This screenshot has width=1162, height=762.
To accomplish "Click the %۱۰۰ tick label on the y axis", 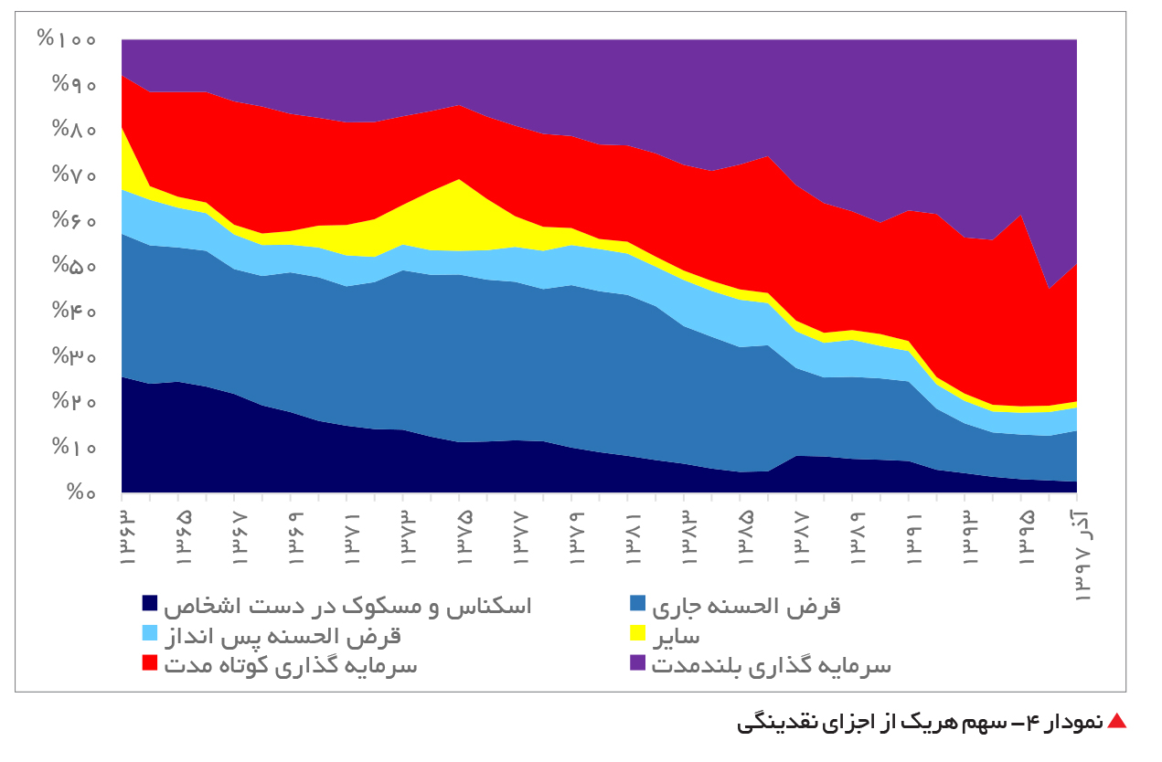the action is point(67,39).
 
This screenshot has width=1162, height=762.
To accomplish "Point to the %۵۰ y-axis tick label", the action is point(74,265).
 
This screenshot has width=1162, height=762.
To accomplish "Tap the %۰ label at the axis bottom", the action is point(81,492).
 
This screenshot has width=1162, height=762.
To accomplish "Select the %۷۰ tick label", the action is point(74,175).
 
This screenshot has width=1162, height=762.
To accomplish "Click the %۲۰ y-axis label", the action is point(74,401).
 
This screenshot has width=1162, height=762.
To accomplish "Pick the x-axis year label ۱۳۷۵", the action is point(464,538).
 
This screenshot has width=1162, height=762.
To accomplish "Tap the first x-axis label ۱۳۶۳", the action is point(127,538).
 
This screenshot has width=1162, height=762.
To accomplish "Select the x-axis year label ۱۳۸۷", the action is point(801,538).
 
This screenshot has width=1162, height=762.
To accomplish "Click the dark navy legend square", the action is point(149,603).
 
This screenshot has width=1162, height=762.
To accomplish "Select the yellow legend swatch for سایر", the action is point(637,633).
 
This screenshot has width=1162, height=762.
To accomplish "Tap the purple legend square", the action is point(637,663).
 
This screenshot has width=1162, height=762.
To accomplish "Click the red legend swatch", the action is point(149,663).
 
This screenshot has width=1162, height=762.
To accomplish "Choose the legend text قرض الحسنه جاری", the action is point(746,606).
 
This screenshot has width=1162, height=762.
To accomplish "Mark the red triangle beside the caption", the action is point(1117,721).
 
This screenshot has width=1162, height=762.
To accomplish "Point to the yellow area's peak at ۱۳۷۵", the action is point(459,180).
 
